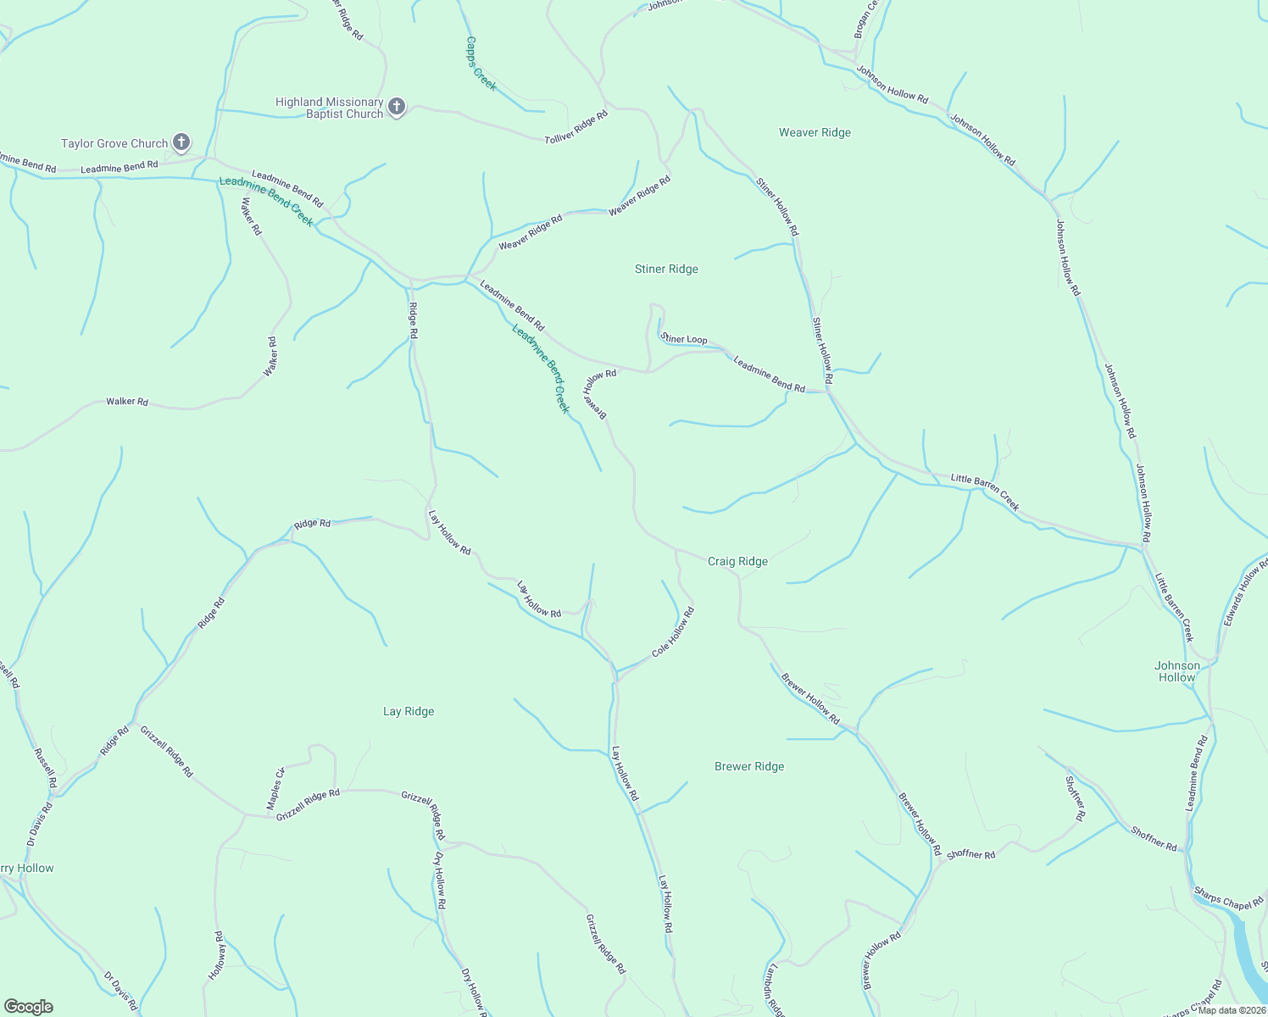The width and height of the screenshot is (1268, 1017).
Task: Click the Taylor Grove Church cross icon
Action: pos(181,142)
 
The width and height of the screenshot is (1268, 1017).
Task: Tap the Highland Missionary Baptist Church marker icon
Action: pos(397,108)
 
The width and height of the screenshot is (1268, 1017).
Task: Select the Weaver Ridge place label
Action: pos(815,132)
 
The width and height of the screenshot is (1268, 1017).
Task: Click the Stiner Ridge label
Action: pos(666,269)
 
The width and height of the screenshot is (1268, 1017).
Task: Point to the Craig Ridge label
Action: pos(737,561)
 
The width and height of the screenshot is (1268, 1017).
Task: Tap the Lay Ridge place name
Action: pos(409,711)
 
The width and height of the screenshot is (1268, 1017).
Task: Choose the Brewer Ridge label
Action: pos(749,766)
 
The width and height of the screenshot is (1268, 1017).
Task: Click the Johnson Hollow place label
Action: pos(1177,671)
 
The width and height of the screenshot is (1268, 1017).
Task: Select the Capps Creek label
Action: pos(481,63)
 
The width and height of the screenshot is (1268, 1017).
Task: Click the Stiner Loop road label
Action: pos(685,339)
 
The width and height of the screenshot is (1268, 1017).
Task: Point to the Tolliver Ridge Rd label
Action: pos(576,126)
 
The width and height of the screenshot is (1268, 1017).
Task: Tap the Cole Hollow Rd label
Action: pos(673,632)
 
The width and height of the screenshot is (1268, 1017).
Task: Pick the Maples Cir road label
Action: pos(276,788)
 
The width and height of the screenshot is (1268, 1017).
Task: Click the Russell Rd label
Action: pos(44,768)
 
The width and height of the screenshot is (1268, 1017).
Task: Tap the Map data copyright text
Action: pos(1232,1010)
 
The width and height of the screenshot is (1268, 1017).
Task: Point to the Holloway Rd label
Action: pos(218,956)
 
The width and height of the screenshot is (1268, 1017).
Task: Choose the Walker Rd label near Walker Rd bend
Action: pos(271,357)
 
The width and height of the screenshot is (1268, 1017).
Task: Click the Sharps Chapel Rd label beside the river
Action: pos(1228,899)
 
